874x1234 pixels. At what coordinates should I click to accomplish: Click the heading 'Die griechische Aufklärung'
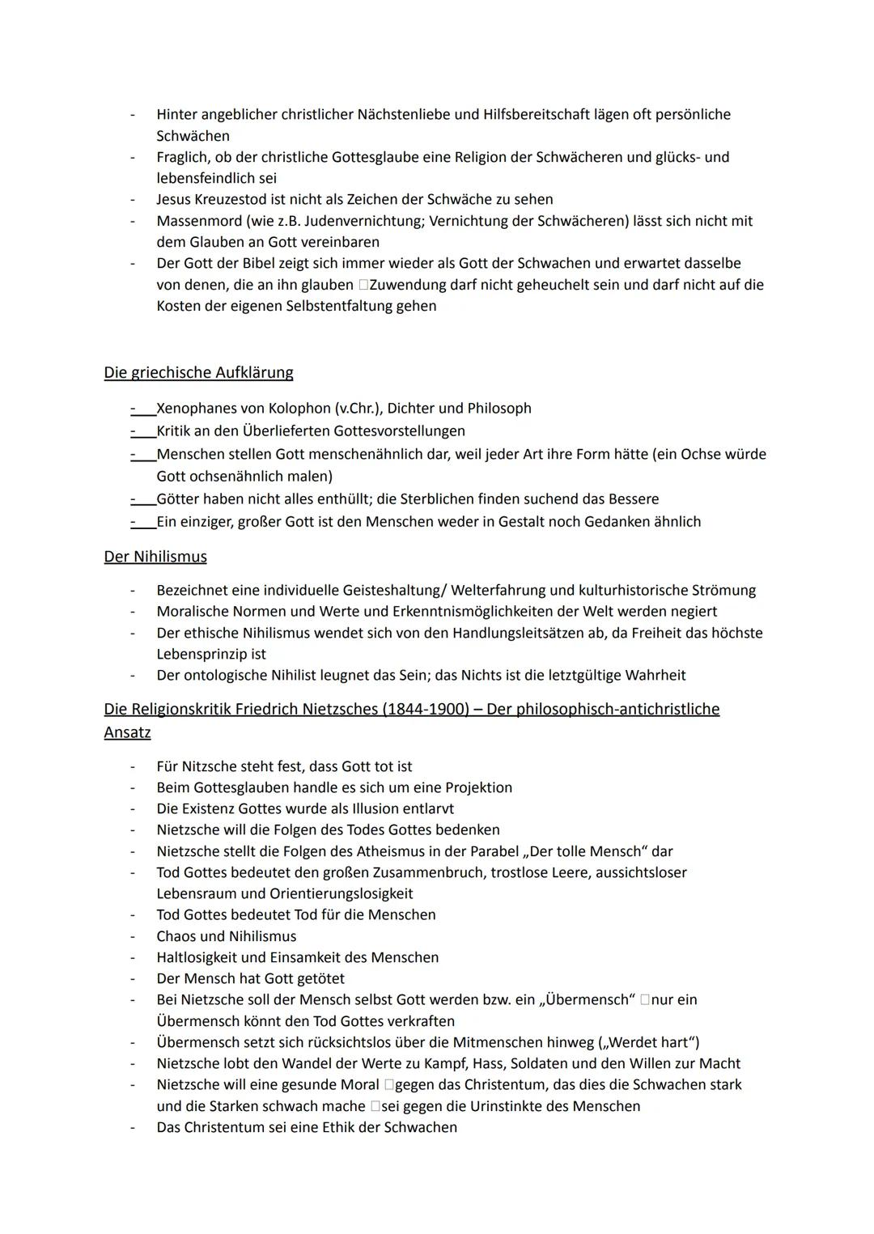198,373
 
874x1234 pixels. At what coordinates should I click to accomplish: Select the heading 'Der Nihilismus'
155,557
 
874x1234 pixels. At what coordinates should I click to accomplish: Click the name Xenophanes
196,409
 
